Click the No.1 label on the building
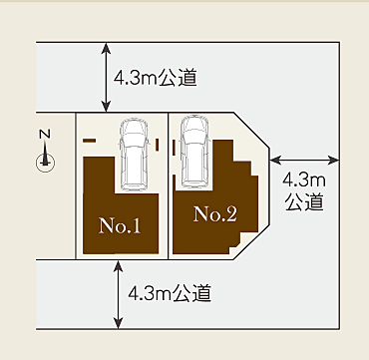tap(120, 225)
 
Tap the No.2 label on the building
tap(215, 214)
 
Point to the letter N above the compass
tap(45, 134)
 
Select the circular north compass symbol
tap(45, 163)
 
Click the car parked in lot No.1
tap(134, 155)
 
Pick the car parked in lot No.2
tap(194, 152)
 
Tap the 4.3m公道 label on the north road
tap(155, 79)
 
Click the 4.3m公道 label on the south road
tap(170, 293)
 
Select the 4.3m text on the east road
tap(304, 181)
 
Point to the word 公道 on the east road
tap(304, 202)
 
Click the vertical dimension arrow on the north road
tap(106, 77)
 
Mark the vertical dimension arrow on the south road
tap(118, 294)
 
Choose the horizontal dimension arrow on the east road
tap(304, 161)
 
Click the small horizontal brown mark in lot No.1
tap(89, 141)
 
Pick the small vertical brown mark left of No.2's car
tap(174, 148)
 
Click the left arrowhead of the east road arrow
tap(275, 161)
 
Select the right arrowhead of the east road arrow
tap(333, 161)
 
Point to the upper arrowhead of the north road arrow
tap(106, 48)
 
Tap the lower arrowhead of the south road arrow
tap(118, 323)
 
